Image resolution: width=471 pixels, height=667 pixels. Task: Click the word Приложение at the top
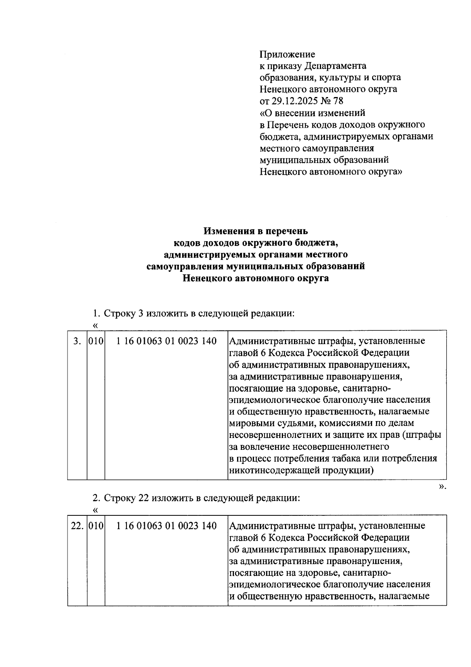pos(287,54)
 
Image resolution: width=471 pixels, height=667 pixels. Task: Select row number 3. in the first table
pos(77,341)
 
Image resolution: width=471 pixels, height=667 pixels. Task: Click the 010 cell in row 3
pos(96,341)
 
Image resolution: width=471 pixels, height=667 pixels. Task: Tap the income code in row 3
pos(166,341)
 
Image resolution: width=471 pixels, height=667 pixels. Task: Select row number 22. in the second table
pos(77,526)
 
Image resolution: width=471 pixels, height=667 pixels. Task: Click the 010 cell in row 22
pos(96,526)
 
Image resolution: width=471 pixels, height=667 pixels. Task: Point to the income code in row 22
pos(166,526)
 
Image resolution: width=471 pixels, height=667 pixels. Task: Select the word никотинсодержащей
pos(269,471)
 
